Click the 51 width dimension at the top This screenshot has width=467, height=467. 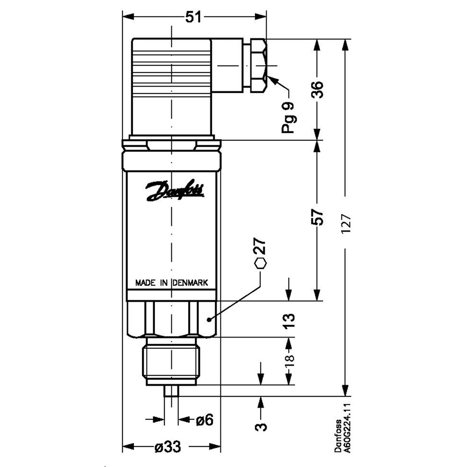pos(193,17)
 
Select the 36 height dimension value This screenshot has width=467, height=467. pos(317,88)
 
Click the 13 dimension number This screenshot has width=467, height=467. pos(290,322)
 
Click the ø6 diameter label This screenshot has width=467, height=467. pos(204,420)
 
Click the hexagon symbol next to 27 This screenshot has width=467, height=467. pos(261,263)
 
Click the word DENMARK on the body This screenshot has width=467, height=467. pos(193,283)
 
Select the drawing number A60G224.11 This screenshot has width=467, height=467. pos(346,428)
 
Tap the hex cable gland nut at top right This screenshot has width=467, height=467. pos(256,65)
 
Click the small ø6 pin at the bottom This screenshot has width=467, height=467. pos(171,391)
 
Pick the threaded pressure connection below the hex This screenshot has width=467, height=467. pos(171,363)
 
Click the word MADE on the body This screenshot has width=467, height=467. pos(145,283)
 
